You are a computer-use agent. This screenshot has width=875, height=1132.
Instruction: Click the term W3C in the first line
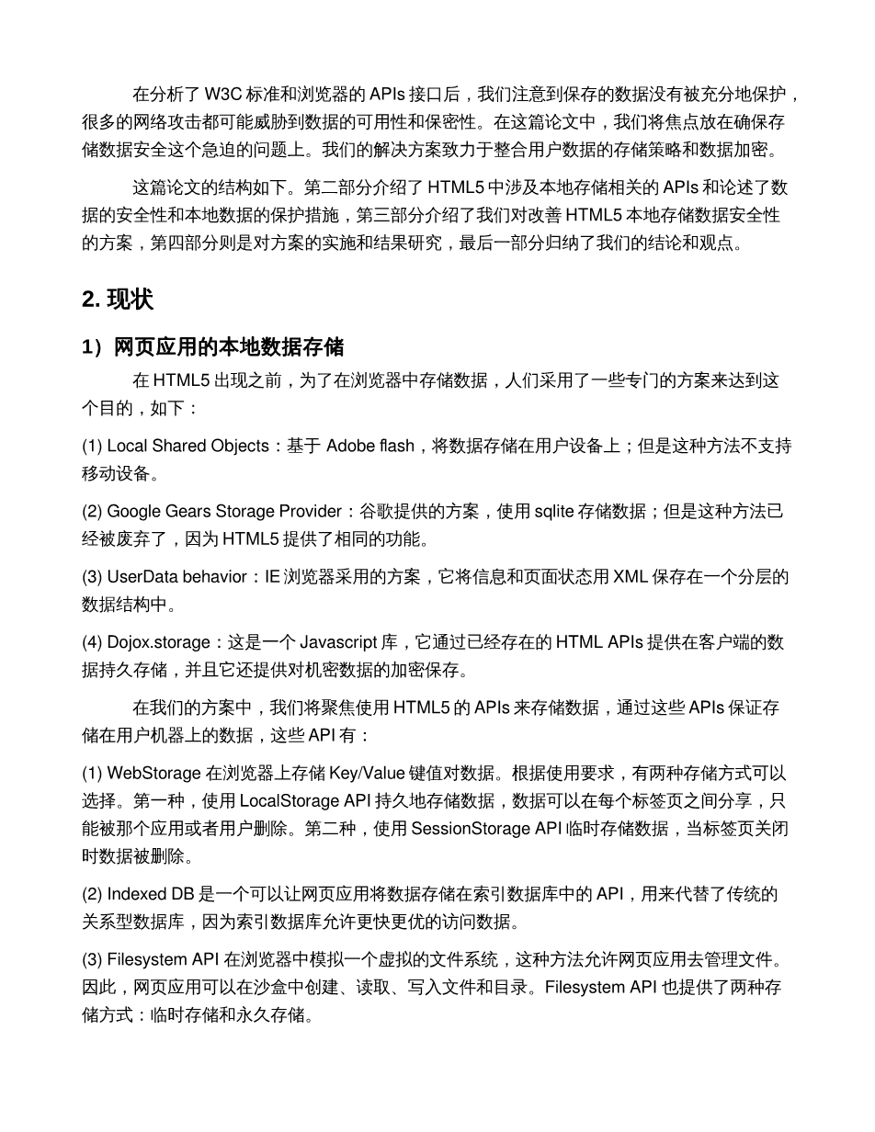click(x=223, y=94)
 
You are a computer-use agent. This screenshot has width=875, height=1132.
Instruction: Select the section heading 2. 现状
click(x=118, y=300)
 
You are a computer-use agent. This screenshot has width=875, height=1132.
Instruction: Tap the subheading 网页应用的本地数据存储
click(x=229, y=347)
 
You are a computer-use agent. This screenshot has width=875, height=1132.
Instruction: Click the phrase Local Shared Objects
click(x=188, y=447)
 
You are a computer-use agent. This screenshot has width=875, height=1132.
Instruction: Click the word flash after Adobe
click(x=396, y=447)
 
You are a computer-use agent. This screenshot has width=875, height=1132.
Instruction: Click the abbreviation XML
click(x=631, y=577)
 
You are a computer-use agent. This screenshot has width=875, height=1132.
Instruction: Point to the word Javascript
click(x=344, y=642)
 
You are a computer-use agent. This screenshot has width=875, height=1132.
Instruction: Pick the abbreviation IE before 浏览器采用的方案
click(x=273, y=577)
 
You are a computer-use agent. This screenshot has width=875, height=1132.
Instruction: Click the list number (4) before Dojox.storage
click(x=92, y=642)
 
